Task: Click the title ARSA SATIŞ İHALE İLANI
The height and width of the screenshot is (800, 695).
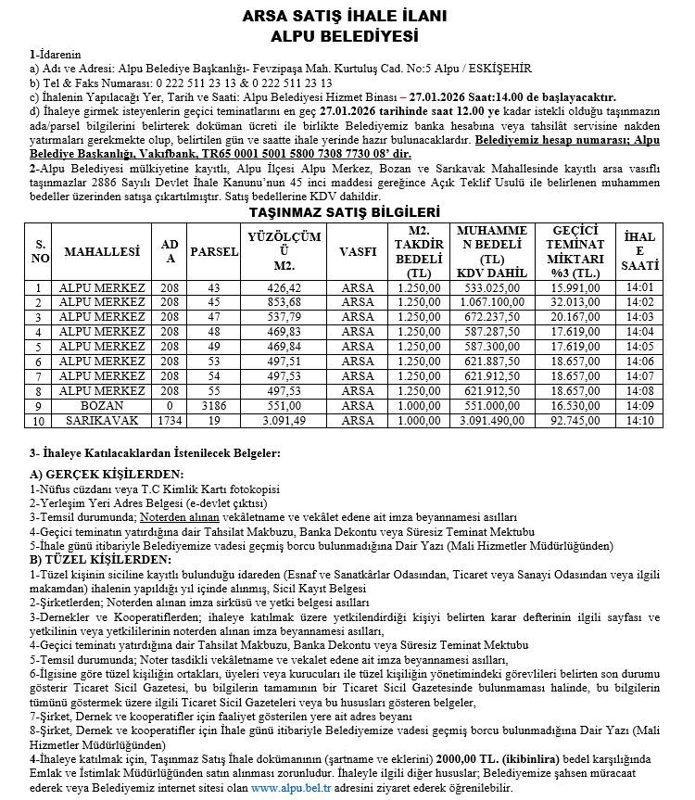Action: click(345, 17)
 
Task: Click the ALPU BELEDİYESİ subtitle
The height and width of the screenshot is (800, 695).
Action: click(345, 36)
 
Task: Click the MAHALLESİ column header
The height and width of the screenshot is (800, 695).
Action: click(102, 251)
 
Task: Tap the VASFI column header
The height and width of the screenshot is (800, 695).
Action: click(358, 251)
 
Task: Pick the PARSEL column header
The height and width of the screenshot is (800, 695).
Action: click(214, 251)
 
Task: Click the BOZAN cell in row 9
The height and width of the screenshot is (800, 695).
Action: click(102, 406)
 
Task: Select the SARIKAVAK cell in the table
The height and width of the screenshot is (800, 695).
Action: click(102, 420)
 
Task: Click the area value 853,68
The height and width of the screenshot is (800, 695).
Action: click(284, 301)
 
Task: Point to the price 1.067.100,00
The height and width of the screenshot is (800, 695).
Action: click(492, 301)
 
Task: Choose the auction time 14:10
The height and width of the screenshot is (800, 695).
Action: click(640, 420)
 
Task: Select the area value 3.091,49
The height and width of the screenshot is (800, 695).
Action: click(284, 420)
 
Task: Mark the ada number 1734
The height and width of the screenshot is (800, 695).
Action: click(170, 420)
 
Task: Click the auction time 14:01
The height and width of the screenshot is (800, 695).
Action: click(640, 287)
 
